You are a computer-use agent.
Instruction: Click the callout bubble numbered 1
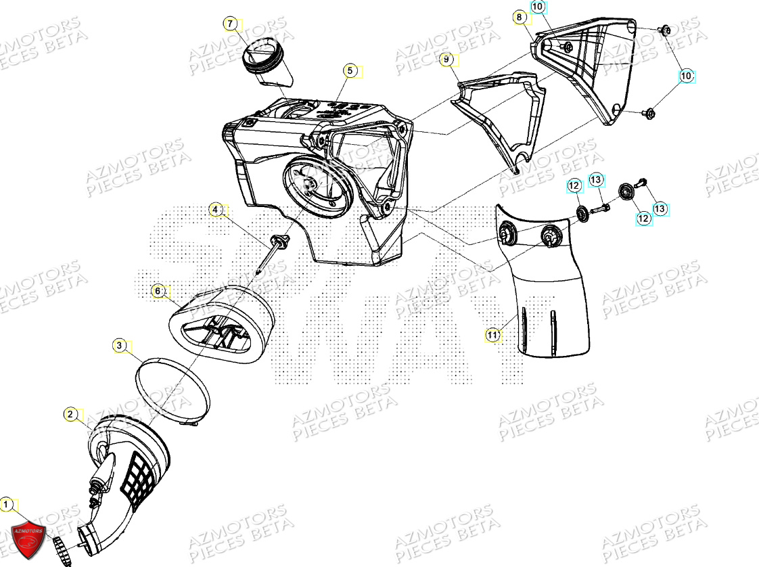6,504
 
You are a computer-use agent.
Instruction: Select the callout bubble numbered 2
70,413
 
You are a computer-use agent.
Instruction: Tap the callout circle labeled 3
119,346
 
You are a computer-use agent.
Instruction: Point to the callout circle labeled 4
215,210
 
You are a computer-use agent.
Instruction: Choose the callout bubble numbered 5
349,70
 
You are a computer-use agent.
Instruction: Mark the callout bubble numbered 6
158,291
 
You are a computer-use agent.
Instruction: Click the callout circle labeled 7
231,24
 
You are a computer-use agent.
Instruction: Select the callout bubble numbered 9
446,60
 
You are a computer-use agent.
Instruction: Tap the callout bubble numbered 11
492,334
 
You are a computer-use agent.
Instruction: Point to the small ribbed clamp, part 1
60,545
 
